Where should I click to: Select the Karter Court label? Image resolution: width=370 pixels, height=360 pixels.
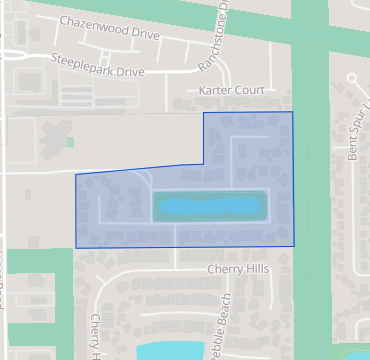point(231,90)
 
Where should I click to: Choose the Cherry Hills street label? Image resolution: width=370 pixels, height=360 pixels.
point(239,269)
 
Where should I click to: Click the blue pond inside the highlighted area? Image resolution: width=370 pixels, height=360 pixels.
point(210,206)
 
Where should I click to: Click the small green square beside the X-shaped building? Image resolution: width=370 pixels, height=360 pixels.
point(70,142)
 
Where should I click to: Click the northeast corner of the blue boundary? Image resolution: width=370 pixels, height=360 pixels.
point(292,112)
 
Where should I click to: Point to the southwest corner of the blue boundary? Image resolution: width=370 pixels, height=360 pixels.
point(76,247)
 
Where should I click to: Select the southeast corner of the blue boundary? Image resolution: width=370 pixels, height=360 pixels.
point(294,245)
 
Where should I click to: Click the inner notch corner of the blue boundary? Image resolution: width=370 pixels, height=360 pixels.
point(203,163)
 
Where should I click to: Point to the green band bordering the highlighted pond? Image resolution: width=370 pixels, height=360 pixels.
point(210,193)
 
